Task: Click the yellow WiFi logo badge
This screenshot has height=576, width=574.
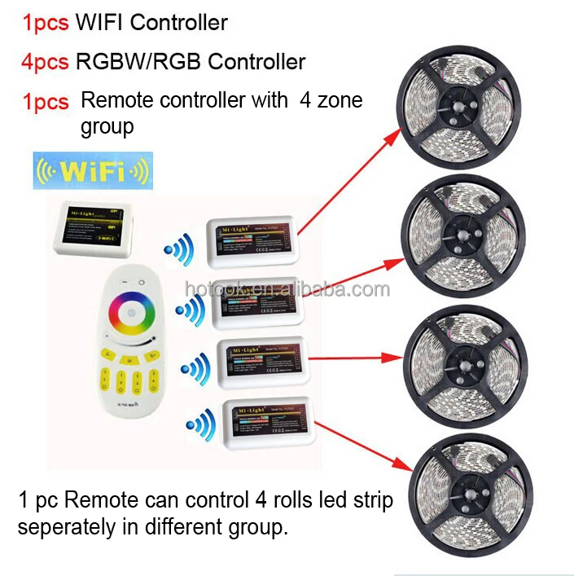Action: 92,171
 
